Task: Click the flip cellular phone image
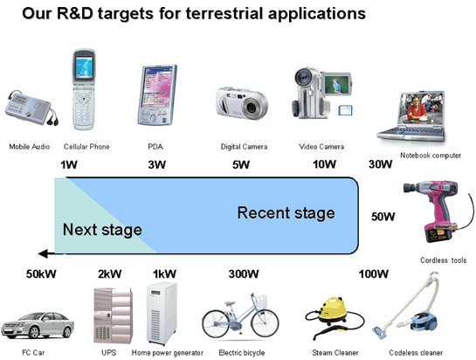pos(83,90)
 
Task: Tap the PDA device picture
pos(157,95)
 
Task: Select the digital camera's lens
pos(252,107)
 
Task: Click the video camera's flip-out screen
pos(336,84)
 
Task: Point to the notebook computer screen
pos(422,108)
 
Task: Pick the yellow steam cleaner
pos(335,317)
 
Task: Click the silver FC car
pos(37,325)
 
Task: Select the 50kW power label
pos(41,274)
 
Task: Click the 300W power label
pos(244,274)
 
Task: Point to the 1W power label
pos(69,165)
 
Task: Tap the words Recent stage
pos(286,212)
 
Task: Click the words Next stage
pos(102,230)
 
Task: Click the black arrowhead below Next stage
pos(44,253)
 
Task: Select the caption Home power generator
pos(168,353)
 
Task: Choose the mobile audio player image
pos(31,107)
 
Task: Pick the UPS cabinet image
pos(113,315)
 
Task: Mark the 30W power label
pos(381,164)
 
